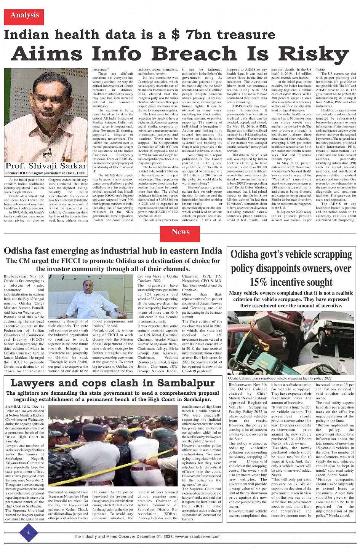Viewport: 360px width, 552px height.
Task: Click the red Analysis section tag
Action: click(24, 16)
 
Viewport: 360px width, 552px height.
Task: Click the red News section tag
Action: click(181, 232)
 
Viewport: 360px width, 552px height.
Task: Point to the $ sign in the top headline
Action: click(175, 35)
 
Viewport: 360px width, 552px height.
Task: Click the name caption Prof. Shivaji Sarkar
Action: click(46, 166)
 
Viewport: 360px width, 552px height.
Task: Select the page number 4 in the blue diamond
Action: click(28, 533)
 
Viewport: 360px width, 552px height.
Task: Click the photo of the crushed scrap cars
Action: click(291, 343)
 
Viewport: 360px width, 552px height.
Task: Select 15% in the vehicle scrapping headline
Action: click(260, 282)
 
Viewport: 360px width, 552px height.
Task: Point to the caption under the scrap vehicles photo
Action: click(280, 378)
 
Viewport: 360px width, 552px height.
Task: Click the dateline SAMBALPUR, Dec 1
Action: click(24, 407)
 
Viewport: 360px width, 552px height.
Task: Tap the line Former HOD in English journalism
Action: click(45, 173)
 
